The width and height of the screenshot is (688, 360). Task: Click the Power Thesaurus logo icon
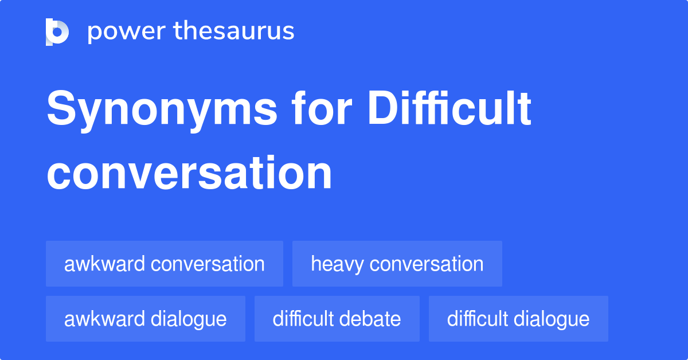point(57,32)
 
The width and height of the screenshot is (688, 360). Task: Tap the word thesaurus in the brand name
point(234,32)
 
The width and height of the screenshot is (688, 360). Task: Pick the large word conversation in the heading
point(189,173)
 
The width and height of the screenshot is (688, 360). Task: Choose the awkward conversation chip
point(165,264)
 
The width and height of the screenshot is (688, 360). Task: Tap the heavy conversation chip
point(397,264)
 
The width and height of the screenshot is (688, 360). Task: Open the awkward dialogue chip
point(146,319)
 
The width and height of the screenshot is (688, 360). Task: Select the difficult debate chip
point(337,319)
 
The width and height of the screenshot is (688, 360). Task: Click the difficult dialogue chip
point(518,319)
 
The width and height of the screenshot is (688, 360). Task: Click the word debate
point(373,319)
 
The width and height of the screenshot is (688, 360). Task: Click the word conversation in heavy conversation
point(427,264)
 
